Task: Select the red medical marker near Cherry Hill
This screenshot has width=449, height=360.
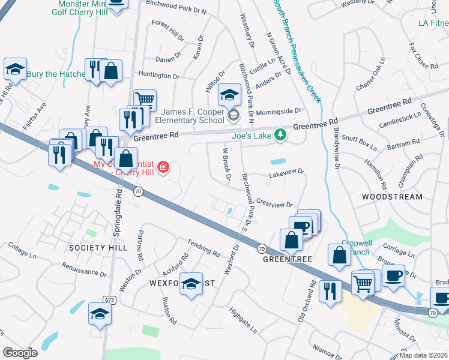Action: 162,166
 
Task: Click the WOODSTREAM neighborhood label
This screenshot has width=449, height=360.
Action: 392,197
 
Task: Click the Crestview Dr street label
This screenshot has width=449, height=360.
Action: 274,205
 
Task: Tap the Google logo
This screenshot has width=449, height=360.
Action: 20,352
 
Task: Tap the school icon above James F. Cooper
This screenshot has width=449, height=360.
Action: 229,95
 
